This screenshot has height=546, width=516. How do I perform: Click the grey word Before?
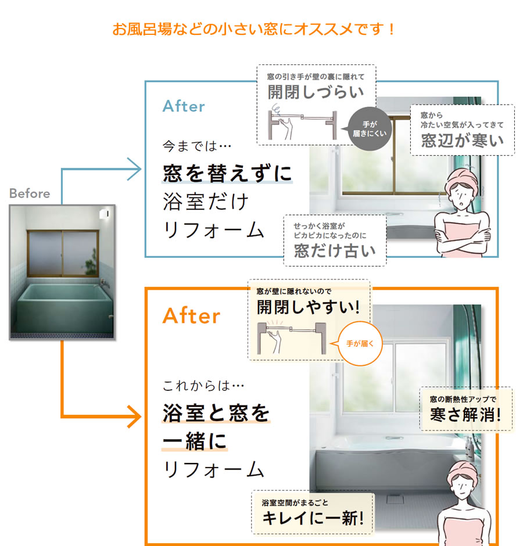(x=30, y=193)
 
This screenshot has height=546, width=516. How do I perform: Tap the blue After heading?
(x=184, y=106)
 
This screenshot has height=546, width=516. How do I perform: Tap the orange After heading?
(x=192, y=316)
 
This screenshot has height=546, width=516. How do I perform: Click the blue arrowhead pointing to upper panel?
(x=134, y=170)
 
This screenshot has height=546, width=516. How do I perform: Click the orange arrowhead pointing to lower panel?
(x=134, y=416)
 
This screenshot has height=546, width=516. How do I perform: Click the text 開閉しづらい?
(x=316, y=92)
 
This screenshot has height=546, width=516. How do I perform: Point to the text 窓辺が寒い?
(x=462, y=141)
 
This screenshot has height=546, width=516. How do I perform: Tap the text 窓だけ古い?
(x=334, y=251)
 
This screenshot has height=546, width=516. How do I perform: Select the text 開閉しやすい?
(x=309, y=306)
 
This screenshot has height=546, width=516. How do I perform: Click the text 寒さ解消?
(x=465, y=415)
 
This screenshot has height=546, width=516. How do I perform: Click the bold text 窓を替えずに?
(x=227, y=173)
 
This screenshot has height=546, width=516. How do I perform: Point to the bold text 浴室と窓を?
(x=217, y=413)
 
